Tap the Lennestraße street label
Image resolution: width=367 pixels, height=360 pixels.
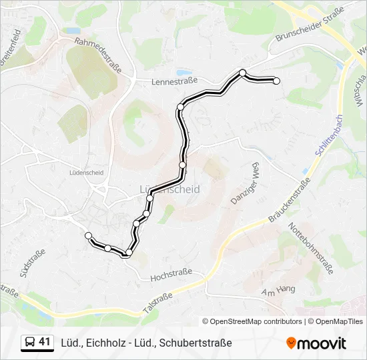coord(175,81)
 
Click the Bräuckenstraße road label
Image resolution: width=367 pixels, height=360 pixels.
coord(290,201)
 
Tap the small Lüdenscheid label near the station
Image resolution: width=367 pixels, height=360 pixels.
coord(86,172)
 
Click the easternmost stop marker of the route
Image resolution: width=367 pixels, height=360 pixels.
coord(276,81)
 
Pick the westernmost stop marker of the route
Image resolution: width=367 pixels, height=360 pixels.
coord(88,235)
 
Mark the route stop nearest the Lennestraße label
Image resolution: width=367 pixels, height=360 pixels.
coord(180,107)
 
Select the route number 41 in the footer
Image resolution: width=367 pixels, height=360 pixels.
coord(45,343)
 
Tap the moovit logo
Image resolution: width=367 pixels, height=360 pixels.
coord(316,343)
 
